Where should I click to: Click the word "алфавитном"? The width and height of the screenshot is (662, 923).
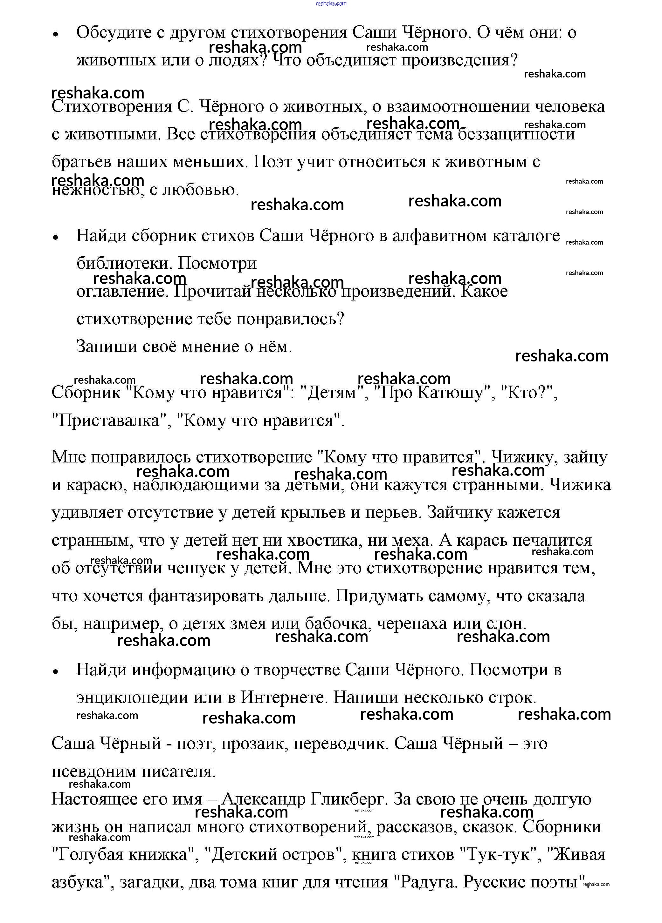pos(439,236)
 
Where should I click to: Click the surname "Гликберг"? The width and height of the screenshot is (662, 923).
pos(347,799)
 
